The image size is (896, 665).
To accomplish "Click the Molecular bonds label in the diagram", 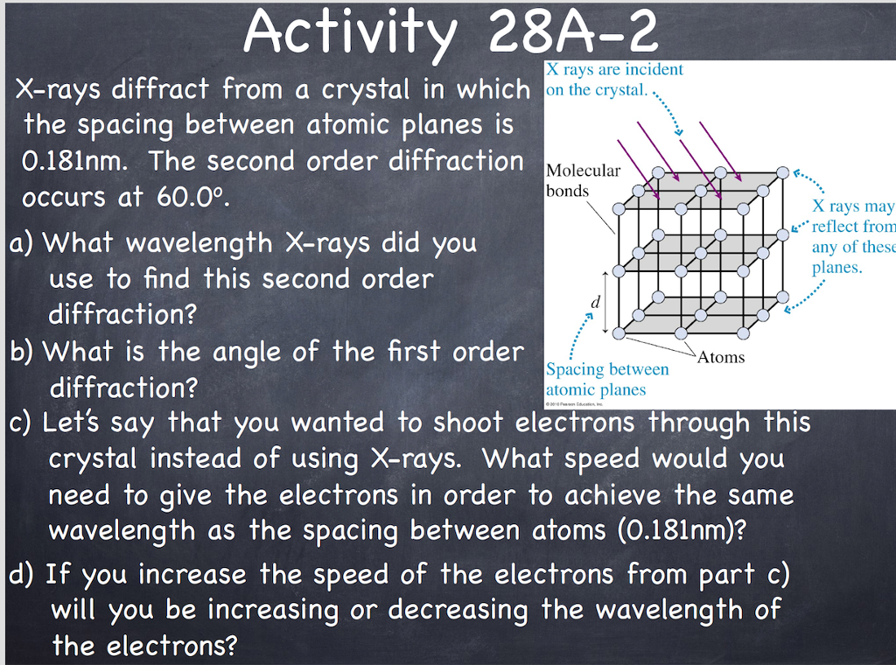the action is point(583,180).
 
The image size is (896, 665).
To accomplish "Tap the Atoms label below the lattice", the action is point(721,357).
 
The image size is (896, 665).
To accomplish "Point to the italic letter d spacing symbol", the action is point(595,302).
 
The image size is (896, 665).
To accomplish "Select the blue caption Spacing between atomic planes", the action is point(607,380).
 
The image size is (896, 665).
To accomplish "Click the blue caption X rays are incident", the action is point(614,80).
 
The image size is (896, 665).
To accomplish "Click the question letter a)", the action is point(22,242).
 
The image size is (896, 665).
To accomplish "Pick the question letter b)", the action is point(22,352).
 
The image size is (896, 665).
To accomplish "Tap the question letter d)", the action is point(22,574).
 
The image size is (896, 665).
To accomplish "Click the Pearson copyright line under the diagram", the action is point(575,404).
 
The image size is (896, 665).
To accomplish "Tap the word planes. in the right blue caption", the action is point(837,268).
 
